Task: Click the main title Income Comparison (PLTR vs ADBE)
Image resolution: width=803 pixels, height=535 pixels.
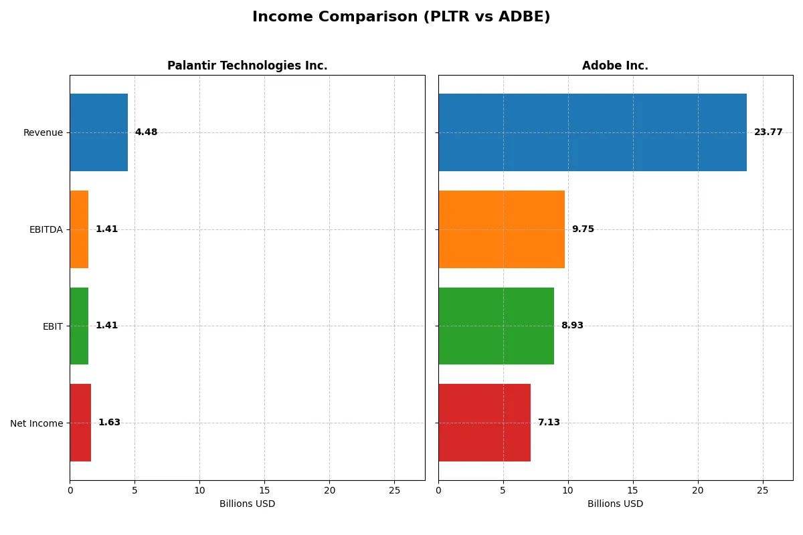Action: [x=401, y=17]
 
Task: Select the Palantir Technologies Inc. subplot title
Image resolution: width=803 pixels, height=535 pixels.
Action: [x=247, y=66]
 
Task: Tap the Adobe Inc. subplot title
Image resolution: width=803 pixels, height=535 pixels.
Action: [x=615, y=66]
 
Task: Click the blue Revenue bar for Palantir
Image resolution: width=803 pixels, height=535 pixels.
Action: [x=98, y=132]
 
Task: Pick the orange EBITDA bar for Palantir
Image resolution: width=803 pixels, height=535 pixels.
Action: [x=79, y=229]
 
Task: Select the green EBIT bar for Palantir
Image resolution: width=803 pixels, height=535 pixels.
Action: [x=79, y=326]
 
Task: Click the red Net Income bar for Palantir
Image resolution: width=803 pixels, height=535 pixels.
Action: [x=80, y=423]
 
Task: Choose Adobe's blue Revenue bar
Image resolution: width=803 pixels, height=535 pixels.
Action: [x=592, y=132]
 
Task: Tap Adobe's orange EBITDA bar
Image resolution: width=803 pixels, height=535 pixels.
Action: [x=501, y=229]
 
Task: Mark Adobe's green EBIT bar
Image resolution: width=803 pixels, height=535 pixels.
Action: [x=496, y=326]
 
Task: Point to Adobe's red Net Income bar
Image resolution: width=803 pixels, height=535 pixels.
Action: [x=484, y=423]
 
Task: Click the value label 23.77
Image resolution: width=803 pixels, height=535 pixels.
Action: [x=768, y=132]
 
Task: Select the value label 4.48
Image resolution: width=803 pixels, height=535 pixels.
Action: [x=146, y=132]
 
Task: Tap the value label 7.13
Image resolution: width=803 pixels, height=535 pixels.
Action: [x=549, y=423]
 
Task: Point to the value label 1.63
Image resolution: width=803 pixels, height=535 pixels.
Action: [x=109, y=423]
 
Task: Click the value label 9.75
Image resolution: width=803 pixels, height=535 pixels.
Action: [x=582, y=229]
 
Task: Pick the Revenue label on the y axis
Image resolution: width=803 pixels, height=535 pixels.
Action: [x=43, y=132]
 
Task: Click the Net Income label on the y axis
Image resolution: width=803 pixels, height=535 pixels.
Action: [x=37, y=423]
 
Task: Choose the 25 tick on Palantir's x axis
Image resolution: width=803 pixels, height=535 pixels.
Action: [x=394, y=490]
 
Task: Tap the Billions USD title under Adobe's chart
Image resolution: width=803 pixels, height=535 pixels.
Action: [x=615, y=504]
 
